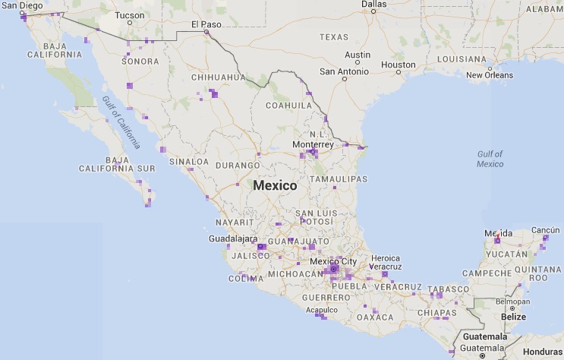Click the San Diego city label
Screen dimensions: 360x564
click(x=21, y=5)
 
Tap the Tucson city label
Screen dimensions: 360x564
click(x=128, y=15)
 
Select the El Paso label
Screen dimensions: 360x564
click(x=206, y=24)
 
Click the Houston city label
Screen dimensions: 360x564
click(x=399, y=65)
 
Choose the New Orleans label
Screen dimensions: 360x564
click(x=489, y=75)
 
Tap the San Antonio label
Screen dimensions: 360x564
click(x=343, y=72)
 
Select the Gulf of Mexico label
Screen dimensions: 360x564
click(x=490, y=158)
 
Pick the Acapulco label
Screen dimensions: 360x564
click(x=321, y=310)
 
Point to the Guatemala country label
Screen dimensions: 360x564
click(x=485, y=336)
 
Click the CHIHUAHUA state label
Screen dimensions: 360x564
click(x=219, y=77)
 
